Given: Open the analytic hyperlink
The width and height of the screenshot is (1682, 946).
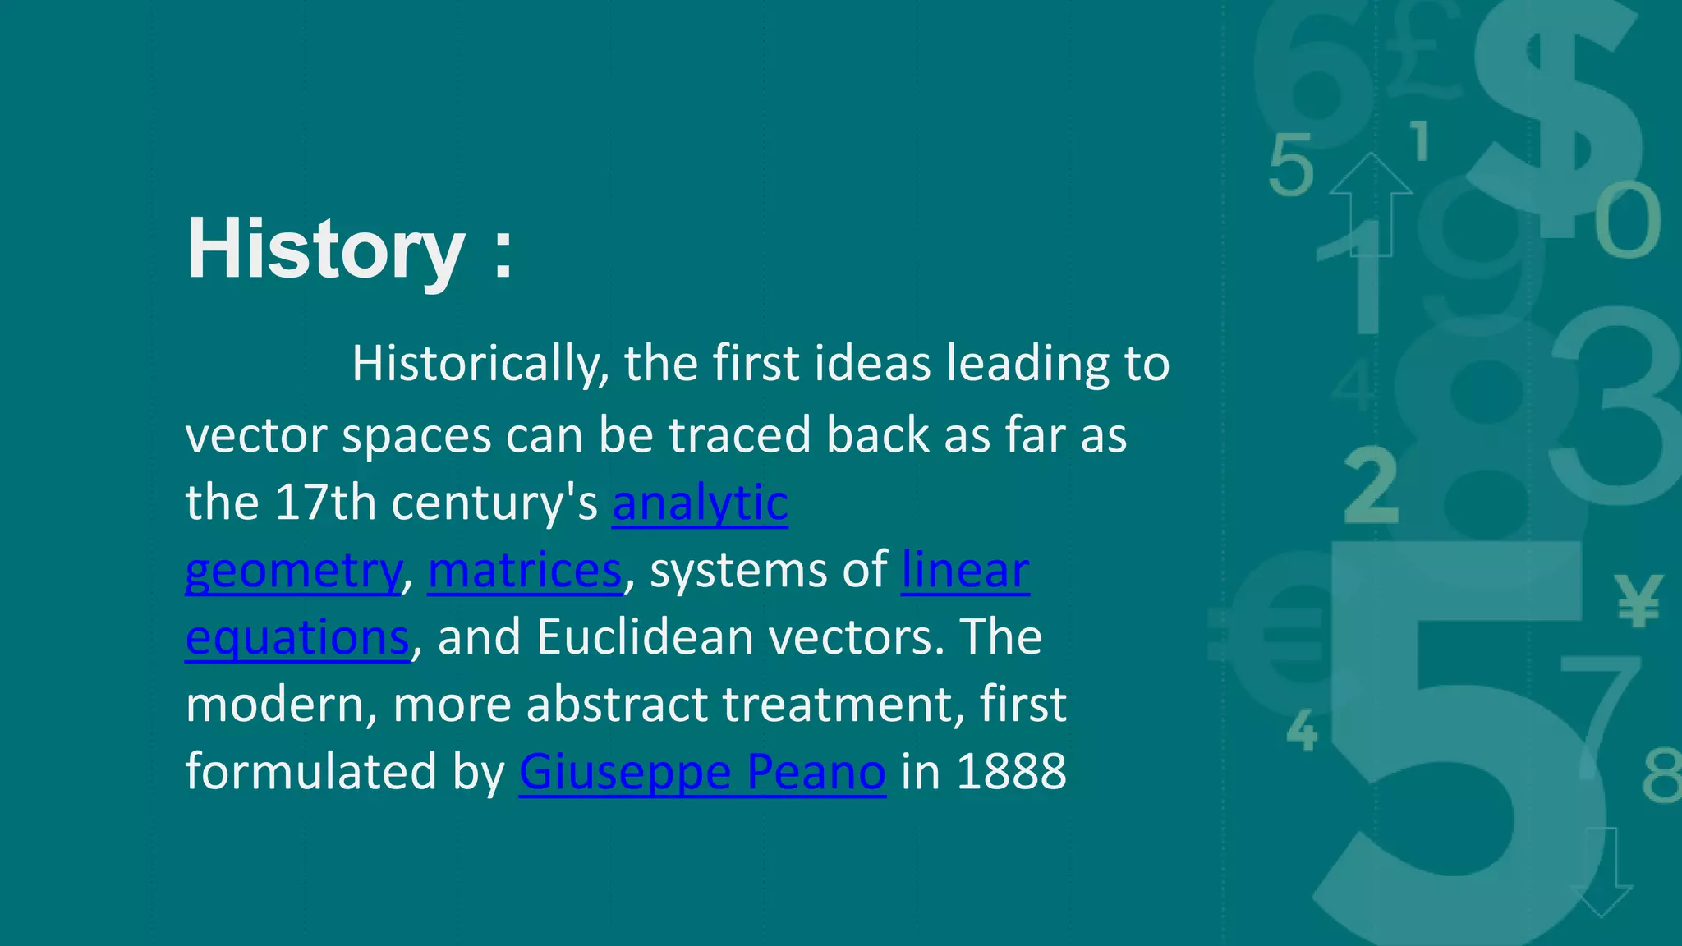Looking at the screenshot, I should [x=700, y=503].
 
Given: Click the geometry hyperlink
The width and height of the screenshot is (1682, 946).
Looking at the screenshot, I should [x=292, y=570].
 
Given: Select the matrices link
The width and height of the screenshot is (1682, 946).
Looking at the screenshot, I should [x=525, y=570].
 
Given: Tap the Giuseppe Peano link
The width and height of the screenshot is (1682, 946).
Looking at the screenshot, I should [x=702, y=772].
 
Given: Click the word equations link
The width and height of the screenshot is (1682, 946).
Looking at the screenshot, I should [x=296, y=637].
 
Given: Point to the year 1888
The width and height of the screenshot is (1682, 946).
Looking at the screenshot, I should [x=1011, y=772].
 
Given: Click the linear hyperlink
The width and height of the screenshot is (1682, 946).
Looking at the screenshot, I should [x=965, y=570].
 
